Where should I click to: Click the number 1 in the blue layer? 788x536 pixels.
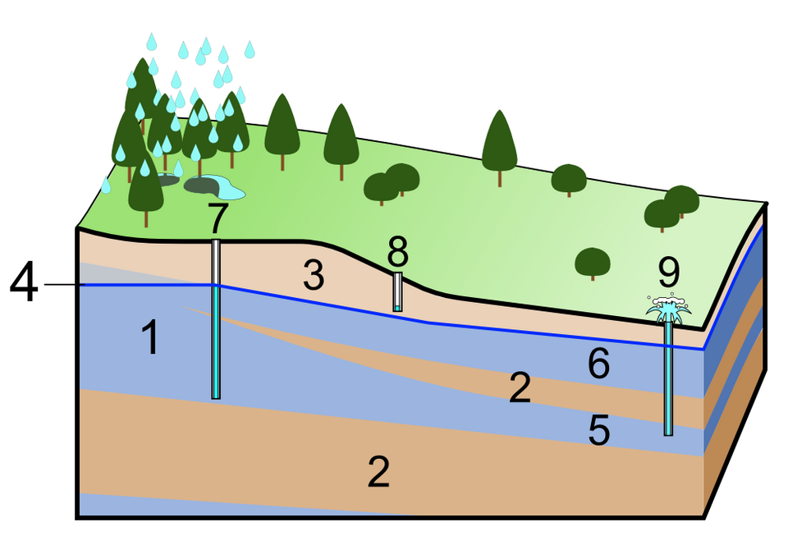click(149, 337)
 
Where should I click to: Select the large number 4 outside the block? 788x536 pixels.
click(23, 284)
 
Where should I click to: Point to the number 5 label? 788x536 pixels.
click(599, 431)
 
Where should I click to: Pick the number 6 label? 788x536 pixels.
click(598, 364)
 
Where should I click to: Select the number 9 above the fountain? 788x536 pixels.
click(669, 269)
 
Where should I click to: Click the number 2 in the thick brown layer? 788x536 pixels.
click(378, 472)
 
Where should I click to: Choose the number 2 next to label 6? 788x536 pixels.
click(520, 388)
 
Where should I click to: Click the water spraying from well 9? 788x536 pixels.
click(669, 309)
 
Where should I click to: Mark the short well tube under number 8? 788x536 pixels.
click(397, 292)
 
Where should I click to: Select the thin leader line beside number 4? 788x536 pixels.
click(64, 285)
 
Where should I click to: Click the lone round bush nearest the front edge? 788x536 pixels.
click(592, 263)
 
